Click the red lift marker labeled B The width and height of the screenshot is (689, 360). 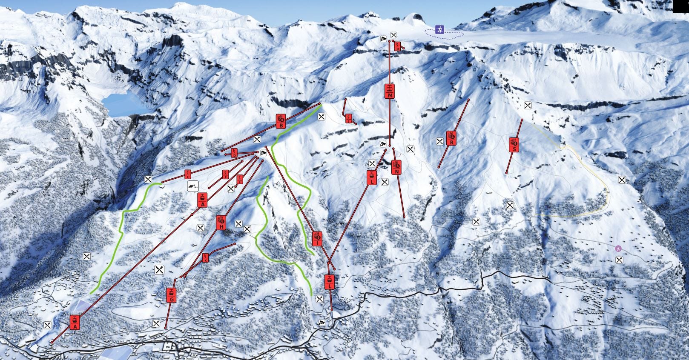[281, 121]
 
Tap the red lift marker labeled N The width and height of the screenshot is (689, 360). [396, 167]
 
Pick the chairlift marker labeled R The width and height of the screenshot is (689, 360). [451, 138]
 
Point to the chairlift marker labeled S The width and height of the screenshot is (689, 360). [514, 145]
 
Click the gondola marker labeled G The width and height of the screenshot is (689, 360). [171, 295]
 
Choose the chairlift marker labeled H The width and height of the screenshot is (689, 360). [221, 223]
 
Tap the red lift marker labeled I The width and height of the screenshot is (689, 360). [317, 239]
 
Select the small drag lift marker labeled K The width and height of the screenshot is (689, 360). [206, 257]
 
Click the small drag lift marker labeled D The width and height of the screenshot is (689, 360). [234, 153]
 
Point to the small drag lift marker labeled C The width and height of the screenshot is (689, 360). [188, 174]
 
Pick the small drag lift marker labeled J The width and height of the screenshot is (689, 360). [349, 119]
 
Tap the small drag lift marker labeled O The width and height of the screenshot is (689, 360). [398, 46]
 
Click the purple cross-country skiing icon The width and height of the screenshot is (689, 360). [439, 29]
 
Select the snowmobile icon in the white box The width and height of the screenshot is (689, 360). [193, 186]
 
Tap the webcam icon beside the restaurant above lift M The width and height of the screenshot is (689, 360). [384, 39]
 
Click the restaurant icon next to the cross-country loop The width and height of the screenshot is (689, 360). [394, 35]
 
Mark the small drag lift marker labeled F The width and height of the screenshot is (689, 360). [240, 180]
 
